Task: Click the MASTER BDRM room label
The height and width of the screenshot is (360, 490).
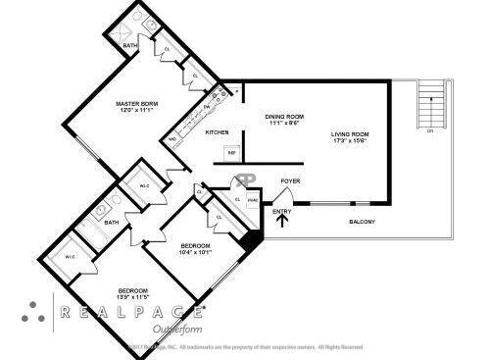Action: [x=136, y=103]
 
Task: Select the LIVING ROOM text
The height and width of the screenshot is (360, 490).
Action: [x=349, y=134]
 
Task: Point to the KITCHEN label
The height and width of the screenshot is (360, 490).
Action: [x=218, y=132]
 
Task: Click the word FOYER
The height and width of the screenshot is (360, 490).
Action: [x=290, y=181]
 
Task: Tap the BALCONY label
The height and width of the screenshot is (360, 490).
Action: [x=363, y=222]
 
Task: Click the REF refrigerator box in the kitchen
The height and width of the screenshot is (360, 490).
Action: [x=232, y=152]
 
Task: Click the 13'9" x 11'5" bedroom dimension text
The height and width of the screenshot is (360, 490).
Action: [x=133, y=297]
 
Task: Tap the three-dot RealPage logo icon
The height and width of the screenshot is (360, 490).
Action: [x=33, y=312]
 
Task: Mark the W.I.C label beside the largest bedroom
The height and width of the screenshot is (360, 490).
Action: [x=71, y=257]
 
